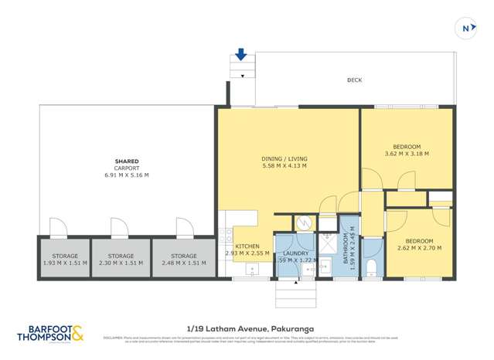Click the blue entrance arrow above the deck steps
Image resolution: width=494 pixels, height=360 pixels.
[x=241, y=54]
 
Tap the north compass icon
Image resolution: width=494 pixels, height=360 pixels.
[x=466, y=29]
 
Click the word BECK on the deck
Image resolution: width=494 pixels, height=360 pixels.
[x=354, y=80]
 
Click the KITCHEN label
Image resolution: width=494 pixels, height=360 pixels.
[x=247, y=246]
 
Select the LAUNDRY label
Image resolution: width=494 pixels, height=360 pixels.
[x=295, y=253]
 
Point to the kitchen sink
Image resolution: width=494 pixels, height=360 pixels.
[x=251, y=270]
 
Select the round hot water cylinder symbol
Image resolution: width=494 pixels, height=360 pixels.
[x=305, y=222]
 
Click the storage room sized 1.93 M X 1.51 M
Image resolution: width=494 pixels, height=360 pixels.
[x=64, y=260]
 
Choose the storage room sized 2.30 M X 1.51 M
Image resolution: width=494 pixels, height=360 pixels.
[x=121, y=260]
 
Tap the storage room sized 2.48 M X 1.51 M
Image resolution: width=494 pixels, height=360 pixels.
[x=183, y=260]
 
